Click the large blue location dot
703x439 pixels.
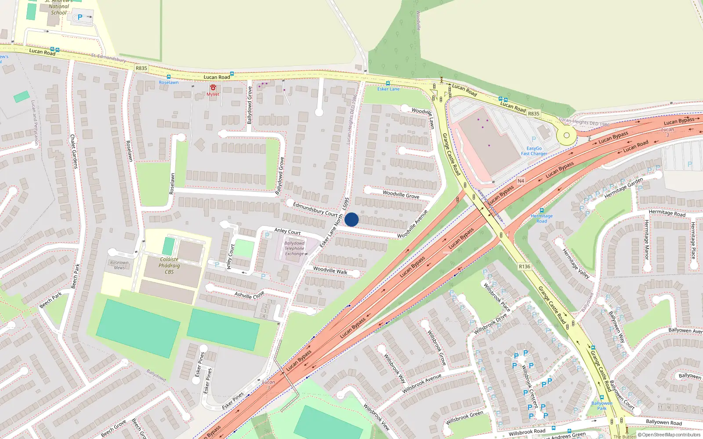tap(351, 219)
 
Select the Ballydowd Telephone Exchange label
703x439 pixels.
tap(294, 248)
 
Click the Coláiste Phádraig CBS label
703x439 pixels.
tap(169, 266)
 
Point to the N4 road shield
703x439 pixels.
tap(521, 181)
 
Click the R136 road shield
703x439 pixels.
tap(524, 266)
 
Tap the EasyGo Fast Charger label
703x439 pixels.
tap(534, 151)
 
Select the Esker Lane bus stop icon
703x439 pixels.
tap(388, 83)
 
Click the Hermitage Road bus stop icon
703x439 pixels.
tap(541, 211)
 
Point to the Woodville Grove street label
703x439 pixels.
tap(401, 194)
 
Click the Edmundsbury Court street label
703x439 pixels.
tap(315, 209)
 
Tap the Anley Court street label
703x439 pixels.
tap(287, 231)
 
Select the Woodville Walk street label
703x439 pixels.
tap(330, 270)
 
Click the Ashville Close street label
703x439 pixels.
tap(249, 295)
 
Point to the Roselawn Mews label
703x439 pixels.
tap(120, 265)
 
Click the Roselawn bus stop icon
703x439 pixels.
tap(169, 77)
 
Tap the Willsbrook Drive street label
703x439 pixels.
tap(490, 324)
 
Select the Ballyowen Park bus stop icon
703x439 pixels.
tap(602, 398)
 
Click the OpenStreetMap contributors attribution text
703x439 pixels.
tap(671, 435)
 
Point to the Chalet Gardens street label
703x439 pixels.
tap(74, 151)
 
